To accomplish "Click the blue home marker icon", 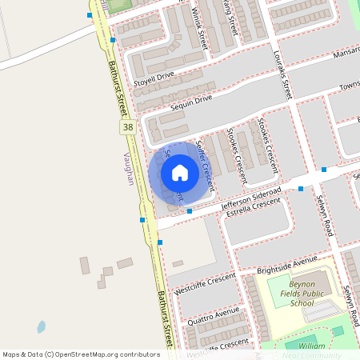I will [179, 173].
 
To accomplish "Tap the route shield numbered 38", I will [127, 127].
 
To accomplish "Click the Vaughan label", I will [129, 168].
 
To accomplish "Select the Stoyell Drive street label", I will [154, 77].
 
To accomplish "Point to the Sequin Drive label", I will [191, 98].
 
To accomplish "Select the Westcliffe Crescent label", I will [201, 284].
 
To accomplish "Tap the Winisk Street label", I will [200, 29].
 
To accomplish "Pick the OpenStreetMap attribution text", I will [80, 354].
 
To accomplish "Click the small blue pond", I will [41, 326].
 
